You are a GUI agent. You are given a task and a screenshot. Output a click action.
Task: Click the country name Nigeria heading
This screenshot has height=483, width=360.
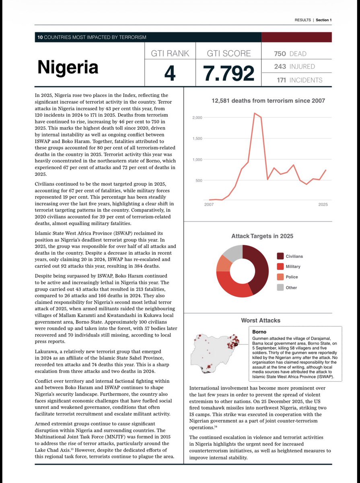click(68, 67)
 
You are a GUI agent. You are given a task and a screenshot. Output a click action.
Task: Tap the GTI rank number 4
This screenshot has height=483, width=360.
click(171, 73)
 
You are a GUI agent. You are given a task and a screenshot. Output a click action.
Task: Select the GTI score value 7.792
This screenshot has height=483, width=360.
click(229, 73)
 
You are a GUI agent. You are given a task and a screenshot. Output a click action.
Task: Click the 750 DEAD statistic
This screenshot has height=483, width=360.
click(290, 54)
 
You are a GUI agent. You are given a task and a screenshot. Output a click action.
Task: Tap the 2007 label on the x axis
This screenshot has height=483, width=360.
click(209, 205)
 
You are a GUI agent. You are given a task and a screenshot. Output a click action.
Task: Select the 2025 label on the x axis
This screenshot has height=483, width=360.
click(323, 205)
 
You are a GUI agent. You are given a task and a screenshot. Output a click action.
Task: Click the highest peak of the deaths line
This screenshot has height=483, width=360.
click(255, 114)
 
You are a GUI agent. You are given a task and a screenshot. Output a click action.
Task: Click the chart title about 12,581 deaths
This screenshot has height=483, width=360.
click(268, 101)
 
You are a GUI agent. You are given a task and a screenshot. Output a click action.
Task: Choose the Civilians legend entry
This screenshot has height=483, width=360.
click(294, 256)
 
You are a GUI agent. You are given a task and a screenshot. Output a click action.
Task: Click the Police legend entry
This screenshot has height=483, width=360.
click(292, 277)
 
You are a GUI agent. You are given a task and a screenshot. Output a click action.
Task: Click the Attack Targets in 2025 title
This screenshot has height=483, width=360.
click(262, 236)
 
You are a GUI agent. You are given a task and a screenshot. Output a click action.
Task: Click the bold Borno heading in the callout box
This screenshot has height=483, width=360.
click(259, 332)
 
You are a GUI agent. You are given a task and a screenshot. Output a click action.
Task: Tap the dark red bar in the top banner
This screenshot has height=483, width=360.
click(296, 37)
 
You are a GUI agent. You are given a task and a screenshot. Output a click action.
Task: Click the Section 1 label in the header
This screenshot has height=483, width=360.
click(323, 20)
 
